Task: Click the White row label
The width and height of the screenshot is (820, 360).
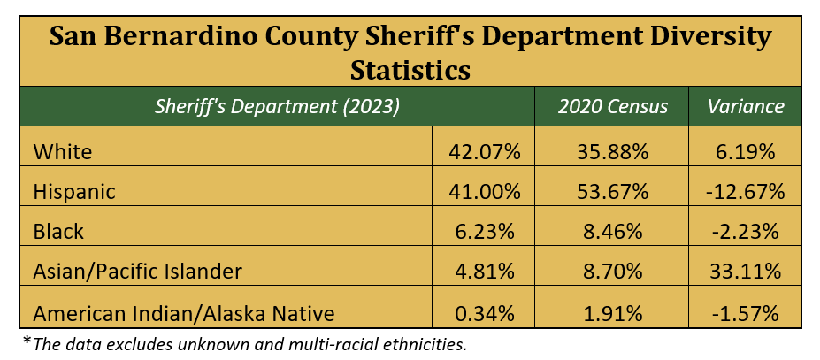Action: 62,152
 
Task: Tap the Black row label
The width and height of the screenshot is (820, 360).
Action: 58,232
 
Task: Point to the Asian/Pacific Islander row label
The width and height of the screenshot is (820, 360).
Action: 136,272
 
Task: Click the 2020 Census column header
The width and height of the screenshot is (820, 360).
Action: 612,107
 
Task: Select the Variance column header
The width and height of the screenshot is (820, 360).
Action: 746,107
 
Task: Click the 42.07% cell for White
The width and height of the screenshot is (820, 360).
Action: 483,152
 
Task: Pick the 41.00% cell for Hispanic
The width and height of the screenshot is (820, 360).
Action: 483,192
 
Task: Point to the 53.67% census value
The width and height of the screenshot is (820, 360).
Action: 612,192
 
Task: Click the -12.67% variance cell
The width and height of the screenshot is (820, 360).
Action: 746,192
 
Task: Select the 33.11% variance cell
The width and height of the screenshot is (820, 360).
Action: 746,272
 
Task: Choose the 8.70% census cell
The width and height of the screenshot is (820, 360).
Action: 612,272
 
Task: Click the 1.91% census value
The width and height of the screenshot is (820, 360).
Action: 612,311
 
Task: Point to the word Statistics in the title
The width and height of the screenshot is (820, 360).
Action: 410,68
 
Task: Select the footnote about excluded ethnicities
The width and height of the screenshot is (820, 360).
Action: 243,343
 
